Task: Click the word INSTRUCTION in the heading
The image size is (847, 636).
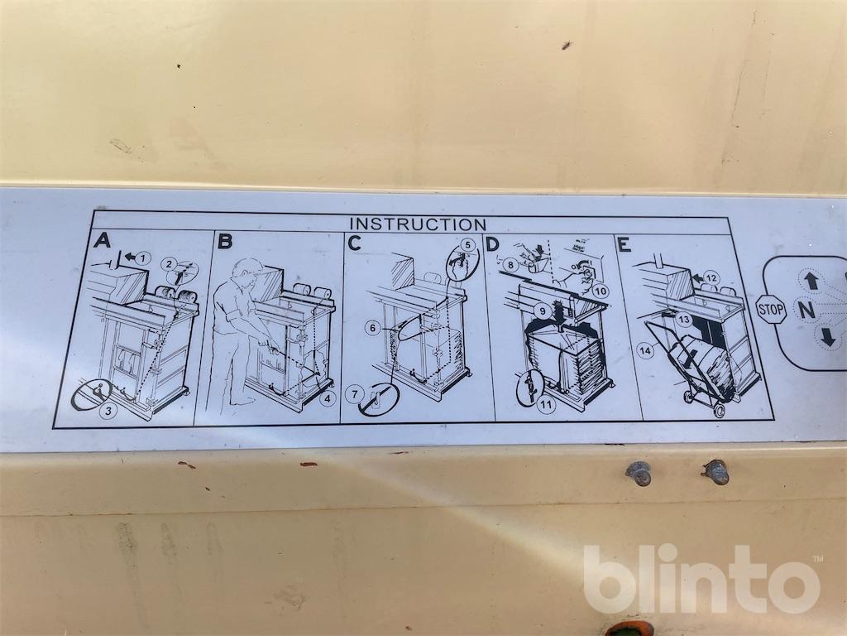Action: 418,224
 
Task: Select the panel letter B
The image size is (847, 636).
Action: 225,241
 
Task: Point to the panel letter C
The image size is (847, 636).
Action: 354,243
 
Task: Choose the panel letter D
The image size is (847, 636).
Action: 492,244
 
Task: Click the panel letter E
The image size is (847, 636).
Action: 624,244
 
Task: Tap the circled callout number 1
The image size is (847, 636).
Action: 142,258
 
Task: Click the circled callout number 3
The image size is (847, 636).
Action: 109,411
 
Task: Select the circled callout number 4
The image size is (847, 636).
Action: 327,400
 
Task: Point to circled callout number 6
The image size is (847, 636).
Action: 372,328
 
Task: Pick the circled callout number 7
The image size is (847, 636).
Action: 355,393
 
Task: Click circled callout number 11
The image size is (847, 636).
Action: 548,404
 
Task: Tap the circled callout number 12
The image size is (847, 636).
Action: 712,278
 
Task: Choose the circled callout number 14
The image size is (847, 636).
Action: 646,351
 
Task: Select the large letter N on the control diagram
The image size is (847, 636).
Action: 806,310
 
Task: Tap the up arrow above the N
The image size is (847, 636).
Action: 812,280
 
